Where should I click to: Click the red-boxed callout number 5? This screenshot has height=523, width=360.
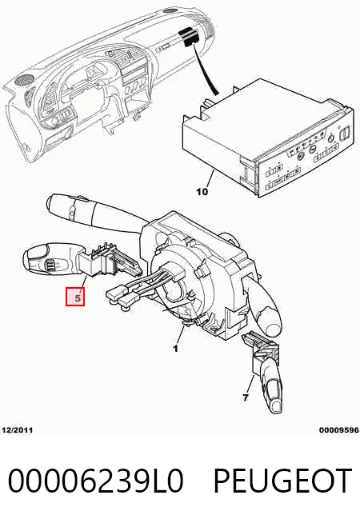(x=77, y=297)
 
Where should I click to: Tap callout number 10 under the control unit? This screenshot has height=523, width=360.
(x=202, y=191)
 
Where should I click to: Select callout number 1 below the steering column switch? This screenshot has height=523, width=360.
(x=175, y=349)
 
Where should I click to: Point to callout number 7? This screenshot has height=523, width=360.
(x=246, y=397)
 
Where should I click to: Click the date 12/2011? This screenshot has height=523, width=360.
(x=18, y=430)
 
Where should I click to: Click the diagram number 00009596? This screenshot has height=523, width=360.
(x=338, y=430)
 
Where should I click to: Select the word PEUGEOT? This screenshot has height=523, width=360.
(x=282, y=481)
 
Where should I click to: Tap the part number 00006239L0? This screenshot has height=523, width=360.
(x=96, y=481)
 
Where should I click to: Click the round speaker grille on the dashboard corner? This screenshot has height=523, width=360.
(x=24, y=79)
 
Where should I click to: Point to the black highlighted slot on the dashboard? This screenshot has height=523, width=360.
(x=189, y=36)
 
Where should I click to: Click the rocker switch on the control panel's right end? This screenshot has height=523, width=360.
(x=344, y=135)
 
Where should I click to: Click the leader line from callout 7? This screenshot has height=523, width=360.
(x=250, y=385)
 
